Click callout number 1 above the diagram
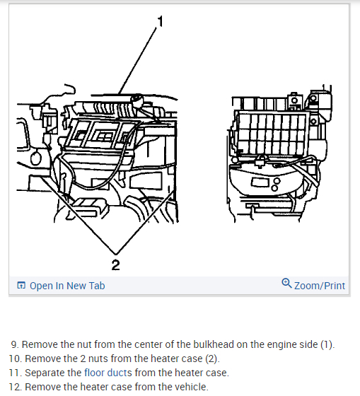click(x=161, y=21)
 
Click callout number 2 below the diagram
click(x=115, y=265)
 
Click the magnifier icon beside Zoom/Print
click(x=286, y=283)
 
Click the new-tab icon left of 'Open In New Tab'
click(x=21, y=285)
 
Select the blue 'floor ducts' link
click(x=108, y=373)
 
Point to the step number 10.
click(x=15, y=359)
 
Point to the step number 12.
click(x=15, y=387)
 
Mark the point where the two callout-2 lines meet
click(x=116, y=254)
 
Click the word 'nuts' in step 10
click(x=98, y=359)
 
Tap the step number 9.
click(x=15, y=344)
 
